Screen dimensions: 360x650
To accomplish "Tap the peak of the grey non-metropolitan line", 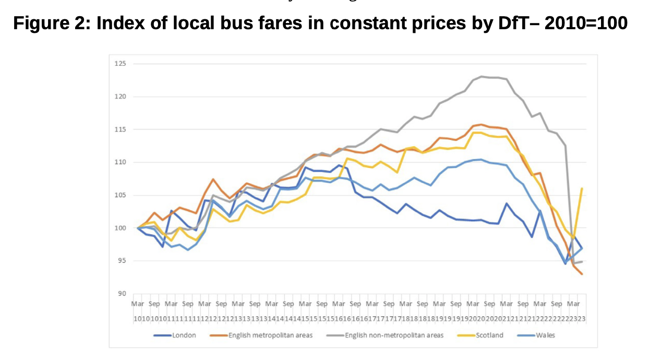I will tap(482, 76).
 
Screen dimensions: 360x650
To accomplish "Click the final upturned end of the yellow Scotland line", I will tap(582, 188).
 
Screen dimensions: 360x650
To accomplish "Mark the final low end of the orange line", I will tap(582, 274).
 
